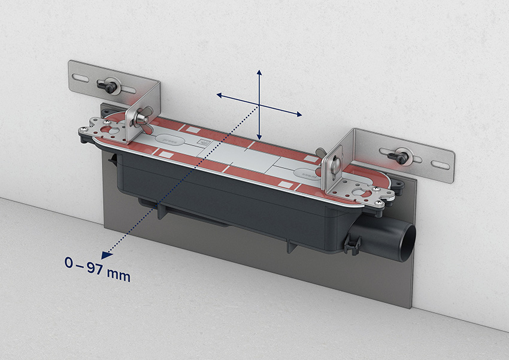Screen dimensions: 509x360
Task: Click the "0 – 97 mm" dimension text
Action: pos(98,269)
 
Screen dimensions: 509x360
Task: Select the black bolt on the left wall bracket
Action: pos(108,86)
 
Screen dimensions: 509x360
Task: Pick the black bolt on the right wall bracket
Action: pos(399,156)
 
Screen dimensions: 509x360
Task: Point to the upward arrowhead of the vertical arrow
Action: pos(259,72)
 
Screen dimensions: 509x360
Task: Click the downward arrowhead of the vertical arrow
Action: pos(259,137)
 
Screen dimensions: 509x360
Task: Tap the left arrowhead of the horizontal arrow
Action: pos(220,95)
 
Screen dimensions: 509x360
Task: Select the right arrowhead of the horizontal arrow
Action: pos(298,114)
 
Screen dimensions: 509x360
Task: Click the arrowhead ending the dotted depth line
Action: pos(107,255)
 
